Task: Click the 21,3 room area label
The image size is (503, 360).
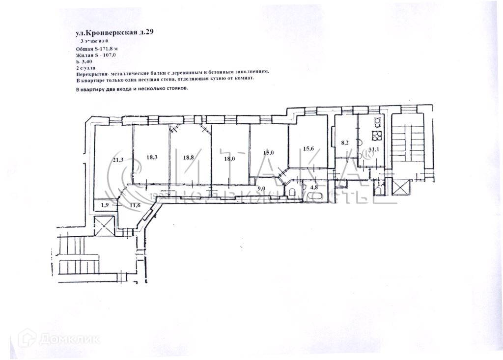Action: pos(117,160)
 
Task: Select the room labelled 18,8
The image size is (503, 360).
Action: pos(189,158)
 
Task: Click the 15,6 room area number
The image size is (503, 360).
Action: pos(308,149)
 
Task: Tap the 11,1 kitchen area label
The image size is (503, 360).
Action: pos(374,149)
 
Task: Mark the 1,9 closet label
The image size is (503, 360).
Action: pos(105,205)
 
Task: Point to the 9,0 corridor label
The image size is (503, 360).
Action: pos(261,188)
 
